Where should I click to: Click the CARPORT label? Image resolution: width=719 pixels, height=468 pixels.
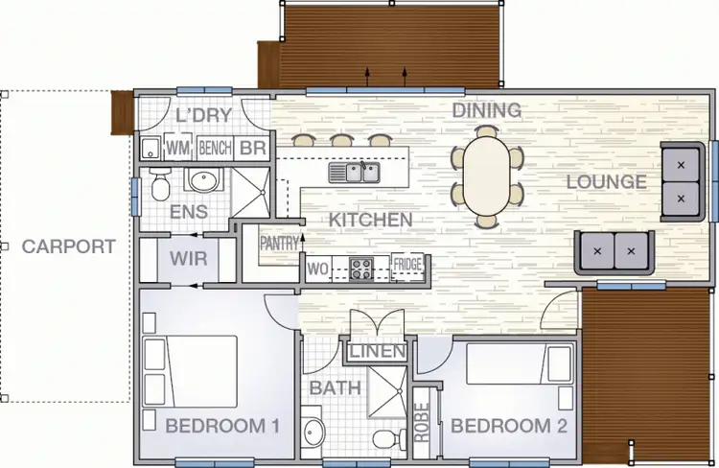[68, 246]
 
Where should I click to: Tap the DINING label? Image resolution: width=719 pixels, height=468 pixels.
[487, 110]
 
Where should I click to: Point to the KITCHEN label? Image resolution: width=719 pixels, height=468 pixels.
[370, 221]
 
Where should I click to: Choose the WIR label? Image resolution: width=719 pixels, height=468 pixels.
[188, 259]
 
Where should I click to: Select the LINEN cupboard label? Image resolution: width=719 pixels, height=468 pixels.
[377, 352]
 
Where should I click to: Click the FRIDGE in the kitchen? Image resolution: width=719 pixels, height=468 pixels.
[407, 266]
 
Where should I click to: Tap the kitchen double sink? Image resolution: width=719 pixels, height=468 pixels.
[357, 173]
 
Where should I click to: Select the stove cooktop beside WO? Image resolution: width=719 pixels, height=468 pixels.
[361, 268]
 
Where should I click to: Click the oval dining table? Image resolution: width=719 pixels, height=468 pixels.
[488, 176]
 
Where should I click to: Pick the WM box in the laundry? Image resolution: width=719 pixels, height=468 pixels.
[177, 149]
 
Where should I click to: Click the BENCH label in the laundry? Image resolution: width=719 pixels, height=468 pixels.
[215, 149]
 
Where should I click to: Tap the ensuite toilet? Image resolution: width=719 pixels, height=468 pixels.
[156, 183]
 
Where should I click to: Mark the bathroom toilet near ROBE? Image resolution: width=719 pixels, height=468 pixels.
[384, 438]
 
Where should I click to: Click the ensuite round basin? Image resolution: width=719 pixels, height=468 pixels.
[202, 180]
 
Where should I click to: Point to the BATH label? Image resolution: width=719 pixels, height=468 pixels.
[335, 388]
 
